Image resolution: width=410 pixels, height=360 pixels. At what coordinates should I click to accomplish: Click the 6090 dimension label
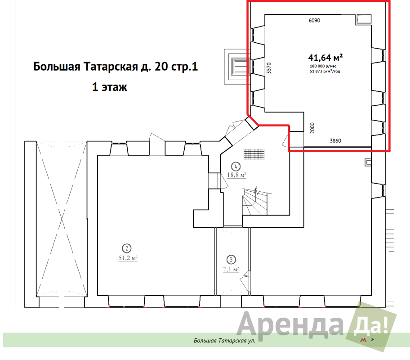[314, 20]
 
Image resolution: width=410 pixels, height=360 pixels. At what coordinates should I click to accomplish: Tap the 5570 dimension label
[269, 68]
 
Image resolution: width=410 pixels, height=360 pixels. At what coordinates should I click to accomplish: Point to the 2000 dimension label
[312, 128]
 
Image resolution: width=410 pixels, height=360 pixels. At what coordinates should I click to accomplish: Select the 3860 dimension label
[335, 140]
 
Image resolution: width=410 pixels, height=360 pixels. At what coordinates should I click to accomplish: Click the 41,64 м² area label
[325, 57]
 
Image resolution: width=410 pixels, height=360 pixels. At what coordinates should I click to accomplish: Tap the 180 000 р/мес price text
[323, 66]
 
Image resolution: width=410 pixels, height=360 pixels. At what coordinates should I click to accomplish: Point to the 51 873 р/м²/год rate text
[325, 71]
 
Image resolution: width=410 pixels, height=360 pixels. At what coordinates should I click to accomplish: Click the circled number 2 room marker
[127, 248]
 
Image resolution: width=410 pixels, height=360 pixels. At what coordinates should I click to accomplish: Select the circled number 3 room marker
[231, 260]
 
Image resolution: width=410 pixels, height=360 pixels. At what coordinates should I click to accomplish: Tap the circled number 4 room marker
[236, 166]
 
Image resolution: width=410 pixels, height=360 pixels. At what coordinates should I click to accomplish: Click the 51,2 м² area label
[128, 258]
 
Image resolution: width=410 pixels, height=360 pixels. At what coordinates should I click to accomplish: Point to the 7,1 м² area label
[231, 270]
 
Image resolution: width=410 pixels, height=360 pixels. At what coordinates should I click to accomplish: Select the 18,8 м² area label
[236, 175]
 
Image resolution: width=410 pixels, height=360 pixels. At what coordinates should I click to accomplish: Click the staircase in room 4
[255, 201]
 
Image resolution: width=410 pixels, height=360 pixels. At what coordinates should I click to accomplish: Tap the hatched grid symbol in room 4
[254, 154]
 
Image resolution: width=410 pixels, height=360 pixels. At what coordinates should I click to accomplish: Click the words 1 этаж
[110, 87]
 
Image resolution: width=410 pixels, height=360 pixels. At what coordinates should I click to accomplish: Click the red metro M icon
[363, 340]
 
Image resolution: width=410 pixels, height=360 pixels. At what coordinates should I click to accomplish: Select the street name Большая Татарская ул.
[224, 340]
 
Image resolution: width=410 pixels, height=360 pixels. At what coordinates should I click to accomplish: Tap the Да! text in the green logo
[370, 326]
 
